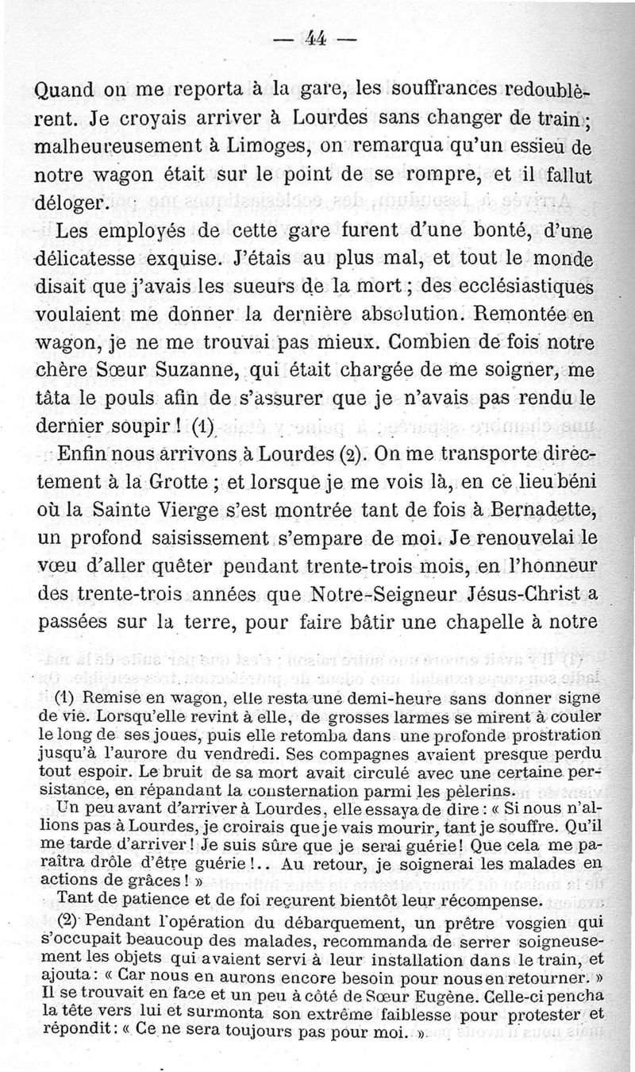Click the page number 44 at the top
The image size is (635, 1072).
click(x=317, y=37)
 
